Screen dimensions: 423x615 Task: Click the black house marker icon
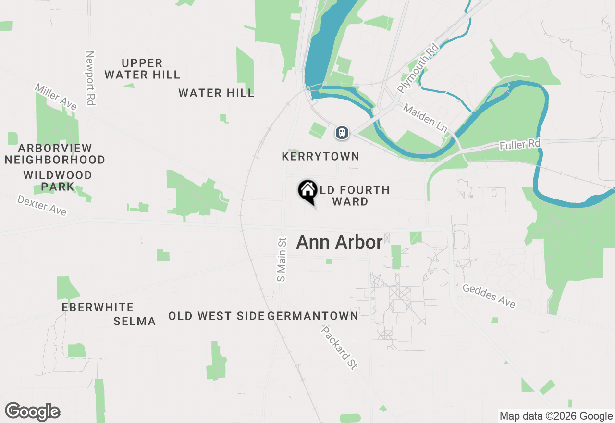[307, 190]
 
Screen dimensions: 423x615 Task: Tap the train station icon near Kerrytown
[342, 132]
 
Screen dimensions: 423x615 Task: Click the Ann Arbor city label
[339, 242]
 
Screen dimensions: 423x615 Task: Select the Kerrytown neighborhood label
[320, 156]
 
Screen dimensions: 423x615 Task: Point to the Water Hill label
[216, 93]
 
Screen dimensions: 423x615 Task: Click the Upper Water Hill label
[142, 69]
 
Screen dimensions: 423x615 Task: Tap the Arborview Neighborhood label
[55, 154]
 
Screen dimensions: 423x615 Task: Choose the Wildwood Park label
[58, 181]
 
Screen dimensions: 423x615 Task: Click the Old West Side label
[216, 316]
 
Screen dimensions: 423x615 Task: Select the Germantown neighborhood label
[313, 316]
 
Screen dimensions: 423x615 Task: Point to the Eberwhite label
[98, 307]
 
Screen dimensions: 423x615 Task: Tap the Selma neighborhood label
[135, 321]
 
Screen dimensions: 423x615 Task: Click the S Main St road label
[282, 260]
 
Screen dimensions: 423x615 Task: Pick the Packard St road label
[340, 348]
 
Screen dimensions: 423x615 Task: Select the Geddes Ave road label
[489, 295]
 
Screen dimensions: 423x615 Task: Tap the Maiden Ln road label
[425, 118]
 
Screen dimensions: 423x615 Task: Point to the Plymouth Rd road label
[418, 68]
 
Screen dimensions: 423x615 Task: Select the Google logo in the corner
[32, 412]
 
